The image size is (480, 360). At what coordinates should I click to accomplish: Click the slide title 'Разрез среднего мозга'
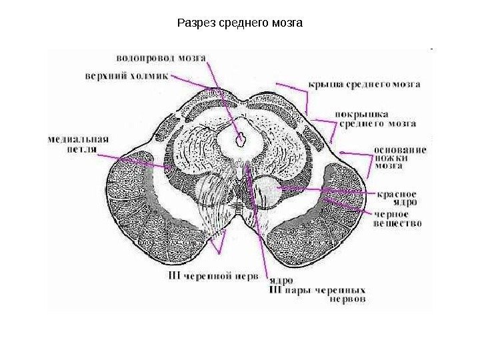[x=240, y=25]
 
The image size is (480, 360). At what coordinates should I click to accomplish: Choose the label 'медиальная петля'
[x=78, y=145]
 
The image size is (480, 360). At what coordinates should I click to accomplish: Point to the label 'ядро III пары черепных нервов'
[x=317, y=290]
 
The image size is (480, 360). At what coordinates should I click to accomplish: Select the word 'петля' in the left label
[x=79, y=150]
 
